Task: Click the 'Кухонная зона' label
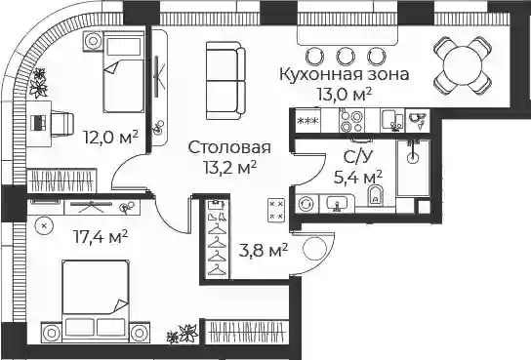click(x=344, y=74)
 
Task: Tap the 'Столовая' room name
click(x=229, y=147)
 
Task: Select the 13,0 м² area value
click(x=344, y=94)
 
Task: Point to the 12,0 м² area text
click(x=111, y=137)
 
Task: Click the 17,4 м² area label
click(x=101, y=236)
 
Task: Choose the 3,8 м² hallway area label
click(x=264, y=251)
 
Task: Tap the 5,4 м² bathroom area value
click(x=358, y=177)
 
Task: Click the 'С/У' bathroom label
click(x=358, y=157)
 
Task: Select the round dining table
click(x=463, y=65)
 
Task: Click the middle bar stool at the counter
click(x=346, y=56)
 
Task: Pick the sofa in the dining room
click(x=225, y=81)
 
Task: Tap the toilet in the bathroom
click(x=374, y=195)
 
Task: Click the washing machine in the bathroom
click(x=306, y=204)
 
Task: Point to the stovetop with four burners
click(x=351, y=121)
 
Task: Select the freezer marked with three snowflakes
click(x=307, y=120)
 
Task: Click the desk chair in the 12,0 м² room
click(x=62, y=123)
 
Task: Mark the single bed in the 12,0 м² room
click(x=123, y=72)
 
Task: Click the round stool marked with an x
click(x=45, y=224)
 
